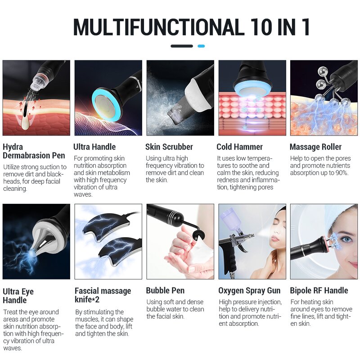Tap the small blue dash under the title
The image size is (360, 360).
[x=201, y=46]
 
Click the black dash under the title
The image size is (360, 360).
[x=182, y=46]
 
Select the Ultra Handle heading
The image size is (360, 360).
[x=94, y=147]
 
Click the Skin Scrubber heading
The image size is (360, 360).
[x=169, y=147]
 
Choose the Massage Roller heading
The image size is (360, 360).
[x=315, y=147]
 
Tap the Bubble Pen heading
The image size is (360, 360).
[x=165, y=291]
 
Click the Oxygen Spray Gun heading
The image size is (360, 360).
[x=249, y=291]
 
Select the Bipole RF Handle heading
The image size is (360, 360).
[x=319, y=291]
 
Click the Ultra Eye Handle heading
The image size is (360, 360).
[x=18, y=296]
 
